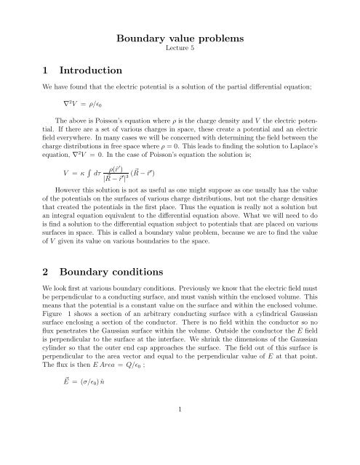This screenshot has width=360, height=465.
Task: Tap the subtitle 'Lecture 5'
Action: coord(179,53)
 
